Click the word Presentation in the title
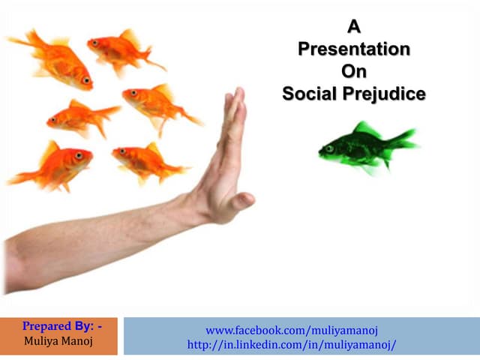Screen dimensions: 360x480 point(354,49)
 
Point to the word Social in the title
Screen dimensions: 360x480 point(306,94)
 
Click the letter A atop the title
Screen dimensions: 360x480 point(354,28)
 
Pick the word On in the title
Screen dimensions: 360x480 point(354,72)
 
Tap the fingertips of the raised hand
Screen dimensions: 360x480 point(238,94)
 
